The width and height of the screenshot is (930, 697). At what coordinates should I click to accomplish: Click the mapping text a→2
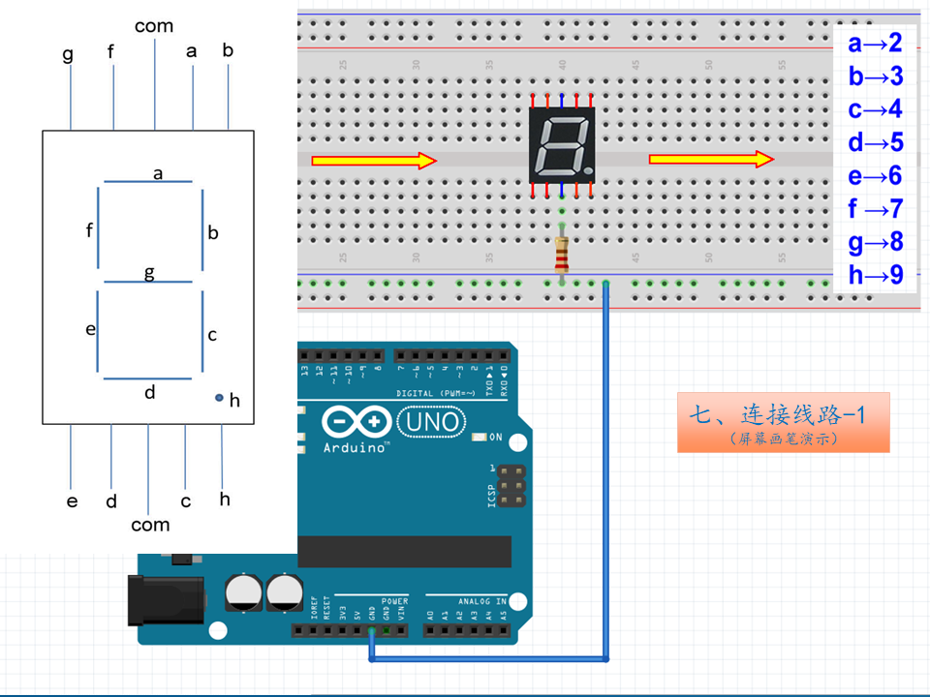point(875,43)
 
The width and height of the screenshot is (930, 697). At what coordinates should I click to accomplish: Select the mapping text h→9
point(875,275)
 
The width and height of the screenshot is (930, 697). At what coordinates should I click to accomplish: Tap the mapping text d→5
point(875,143)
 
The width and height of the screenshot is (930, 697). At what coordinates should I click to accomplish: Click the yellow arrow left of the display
point(374,161)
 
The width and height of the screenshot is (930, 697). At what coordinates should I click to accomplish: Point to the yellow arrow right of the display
point(711,159)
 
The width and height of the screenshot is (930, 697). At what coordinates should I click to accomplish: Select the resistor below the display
point(562,254)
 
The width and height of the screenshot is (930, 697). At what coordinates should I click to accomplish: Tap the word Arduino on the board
point(356,448)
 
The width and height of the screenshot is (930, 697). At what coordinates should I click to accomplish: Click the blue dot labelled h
point(220,398)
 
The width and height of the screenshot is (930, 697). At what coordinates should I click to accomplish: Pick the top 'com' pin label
point(154,26)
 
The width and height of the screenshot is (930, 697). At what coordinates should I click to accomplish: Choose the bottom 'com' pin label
point(150,525)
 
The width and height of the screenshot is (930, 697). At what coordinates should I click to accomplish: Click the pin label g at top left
point(68,54)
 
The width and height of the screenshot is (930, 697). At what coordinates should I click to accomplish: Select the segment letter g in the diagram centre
point(149,272)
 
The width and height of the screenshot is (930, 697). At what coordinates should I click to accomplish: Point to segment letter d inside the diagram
point(149,392)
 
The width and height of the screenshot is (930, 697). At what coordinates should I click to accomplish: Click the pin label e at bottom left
point(72,500)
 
